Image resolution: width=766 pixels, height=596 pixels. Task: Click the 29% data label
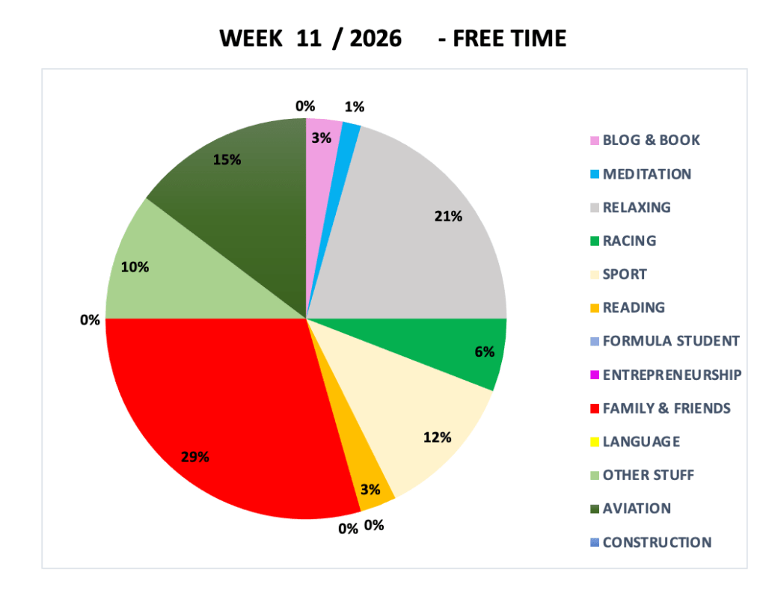(x=194, y=457)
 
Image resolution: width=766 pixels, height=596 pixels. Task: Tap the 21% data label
(x=448, y=217)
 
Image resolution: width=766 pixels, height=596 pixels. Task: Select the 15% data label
(x=226, y=159)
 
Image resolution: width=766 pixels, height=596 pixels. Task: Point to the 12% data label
(x=437, y=437)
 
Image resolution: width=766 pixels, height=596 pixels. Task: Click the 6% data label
(x=484, y=351)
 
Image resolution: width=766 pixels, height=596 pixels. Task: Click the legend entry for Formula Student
(x=671, y=341)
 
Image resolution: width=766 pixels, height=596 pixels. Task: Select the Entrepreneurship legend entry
(x=672, y=375)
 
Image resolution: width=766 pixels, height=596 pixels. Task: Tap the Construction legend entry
(x=657, y=542)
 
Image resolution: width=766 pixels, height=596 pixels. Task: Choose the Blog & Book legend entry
(x=651, y=140)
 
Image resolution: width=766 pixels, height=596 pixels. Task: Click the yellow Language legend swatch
(x=595, y=442)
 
